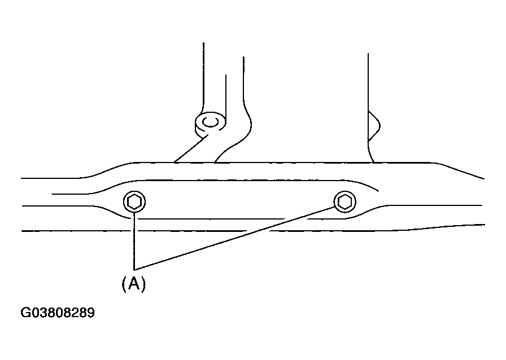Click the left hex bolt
click(134, 202)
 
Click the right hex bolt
click(345, 202)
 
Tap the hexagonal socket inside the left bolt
click(134, 202)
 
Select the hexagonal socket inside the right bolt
click(345, 202)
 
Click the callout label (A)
click(134, 284)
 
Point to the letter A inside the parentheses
click(134, 284)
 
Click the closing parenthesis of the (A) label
click(143, 284)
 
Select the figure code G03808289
click(58, 313)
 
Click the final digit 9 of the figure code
click(91, 313)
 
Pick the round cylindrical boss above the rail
click(210, 124)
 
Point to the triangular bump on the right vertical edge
click(374, 126)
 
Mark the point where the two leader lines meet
click(134, 269)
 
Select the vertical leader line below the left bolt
click(134, 241)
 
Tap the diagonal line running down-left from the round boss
click(191, 149)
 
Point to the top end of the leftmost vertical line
click(203, 42)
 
